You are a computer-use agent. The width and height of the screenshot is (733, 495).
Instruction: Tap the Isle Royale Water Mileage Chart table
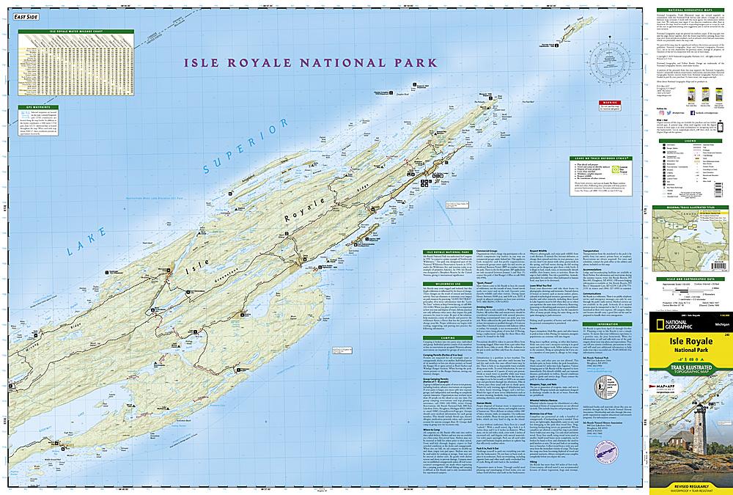77,66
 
